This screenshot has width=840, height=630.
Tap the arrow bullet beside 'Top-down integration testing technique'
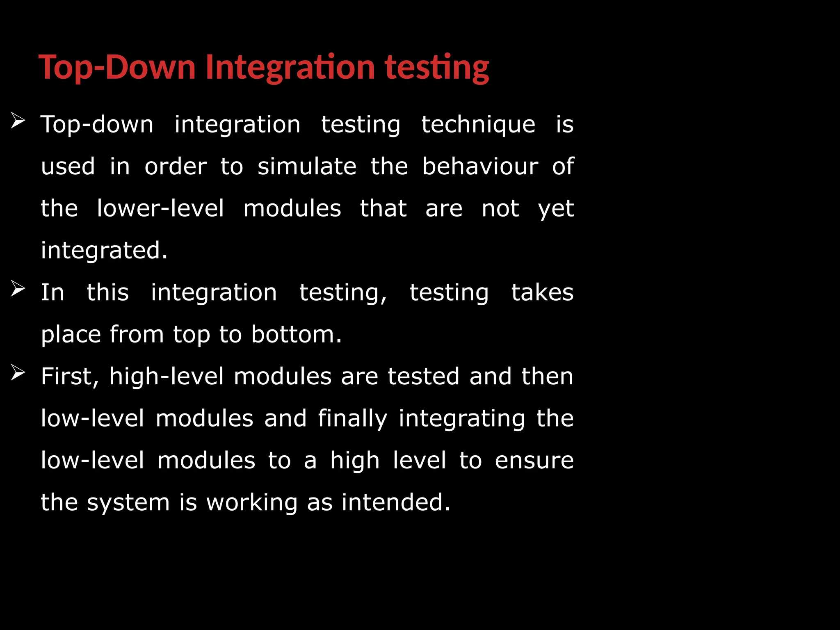[18, 121]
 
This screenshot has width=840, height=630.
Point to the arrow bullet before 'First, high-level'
[18, 373]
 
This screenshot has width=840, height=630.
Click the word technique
[478, 124]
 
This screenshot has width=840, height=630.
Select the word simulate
[307, 167]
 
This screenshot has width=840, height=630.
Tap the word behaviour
[480, 167]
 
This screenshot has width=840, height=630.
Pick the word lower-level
[160, 208]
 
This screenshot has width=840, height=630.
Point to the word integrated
[104, 251]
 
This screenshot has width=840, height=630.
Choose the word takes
[542, 292]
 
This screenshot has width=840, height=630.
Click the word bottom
[296, 334]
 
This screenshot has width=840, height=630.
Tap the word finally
[352, 419]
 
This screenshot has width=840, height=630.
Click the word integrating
[462, 419]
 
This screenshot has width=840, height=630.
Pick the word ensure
[534, 461]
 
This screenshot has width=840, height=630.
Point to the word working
[252, 503]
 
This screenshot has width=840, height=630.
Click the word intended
[395, 502]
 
